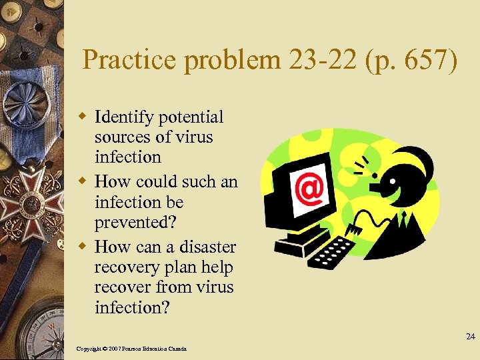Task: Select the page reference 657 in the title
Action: (x=426, y=61)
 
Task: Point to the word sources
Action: (x=120, y=137)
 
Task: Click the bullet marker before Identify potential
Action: (x=83, y=117)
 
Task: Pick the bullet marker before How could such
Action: (x=83, y=181)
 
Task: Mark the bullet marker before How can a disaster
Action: (x=83, y=246)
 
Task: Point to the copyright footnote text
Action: (x=131, y=349)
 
